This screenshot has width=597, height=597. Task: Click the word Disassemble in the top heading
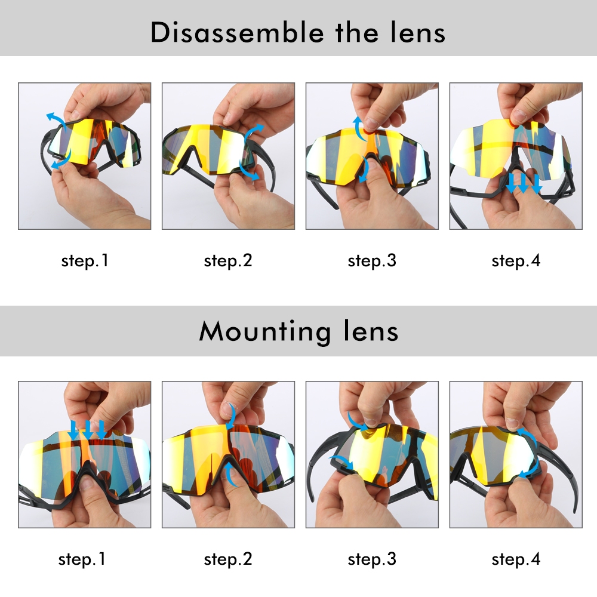(237, 32)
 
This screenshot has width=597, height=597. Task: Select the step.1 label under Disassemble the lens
(85, 261)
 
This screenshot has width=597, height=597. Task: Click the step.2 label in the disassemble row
(228, 261)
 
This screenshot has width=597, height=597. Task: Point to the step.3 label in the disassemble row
(372, 261)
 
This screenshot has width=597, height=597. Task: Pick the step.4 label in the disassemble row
(516, 261)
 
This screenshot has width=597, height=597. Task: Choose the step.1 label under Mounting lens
(82, 560)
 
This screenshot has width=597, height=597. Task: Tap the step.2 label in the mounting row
(228, 560)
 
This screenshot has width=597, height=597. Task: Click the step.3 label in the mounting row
(372, 560)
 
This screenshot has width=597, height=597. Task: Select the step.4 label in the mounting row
(516, 560)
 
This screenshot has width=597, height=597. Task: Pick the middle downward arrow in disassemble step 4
(524, 183)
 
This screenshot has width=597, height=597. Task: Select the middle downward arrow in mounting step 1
(88, 430)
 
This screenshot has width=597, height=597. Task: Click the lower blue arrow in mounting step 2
(229, 474)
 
